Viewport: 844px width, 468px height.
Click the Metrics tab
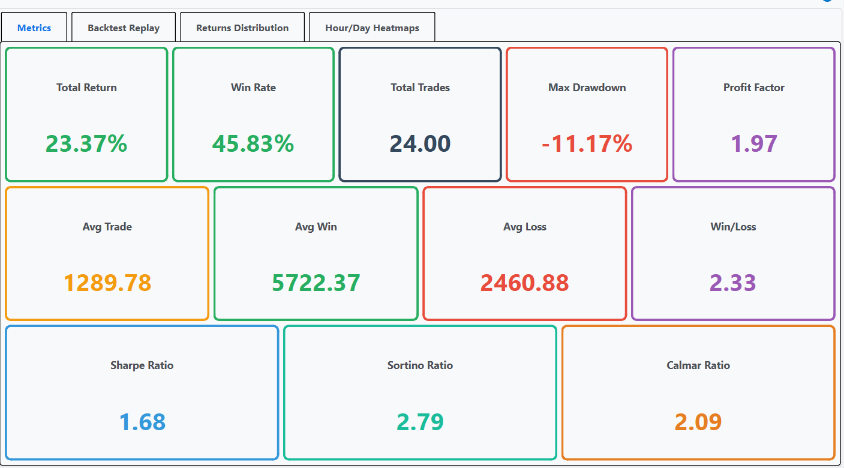[34, 28]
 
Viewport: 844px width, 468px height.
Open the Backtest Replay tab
[124, 28]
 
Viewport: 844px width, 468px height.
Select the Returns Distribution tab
[242, 28]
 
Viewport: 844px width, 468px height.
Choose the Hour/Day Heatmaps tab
[372, 28]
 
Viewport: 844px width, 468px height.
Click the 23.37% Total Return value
[86, 144]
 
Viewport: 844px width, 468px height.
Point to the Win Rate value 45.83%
[253, 144]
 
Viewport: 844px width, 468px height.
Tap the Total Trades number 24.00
[420, 144]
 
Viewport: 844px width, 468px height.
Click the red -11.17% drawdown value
[587, 144]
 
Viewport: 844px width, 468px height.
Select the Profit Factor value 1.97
[754, 144]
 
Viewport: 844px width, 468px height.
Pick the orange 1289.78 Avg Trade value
[107, 283]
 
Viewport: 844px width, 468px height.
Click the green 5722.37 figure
[316, 283]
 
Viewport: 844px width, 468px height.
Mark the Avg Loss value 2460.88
[525, 283]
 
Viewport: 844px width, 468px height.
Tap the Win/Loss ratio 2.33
[733, 283]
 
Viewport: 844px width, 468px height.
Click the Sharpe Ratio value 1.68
[142, 422]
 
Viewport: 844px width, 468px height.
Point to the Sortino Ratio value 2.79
[420, 422]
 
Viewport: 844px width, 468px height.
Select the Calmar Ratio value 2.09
[698, 422]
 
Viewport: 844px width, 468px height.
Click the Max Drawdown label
[587, 88]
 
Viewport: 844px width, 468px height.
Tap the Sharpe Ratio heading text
[142, 365]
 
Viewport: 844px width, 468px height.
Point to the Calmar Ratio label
[698, 365]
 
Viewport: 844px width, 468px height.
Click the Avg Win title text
[316, 227]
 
